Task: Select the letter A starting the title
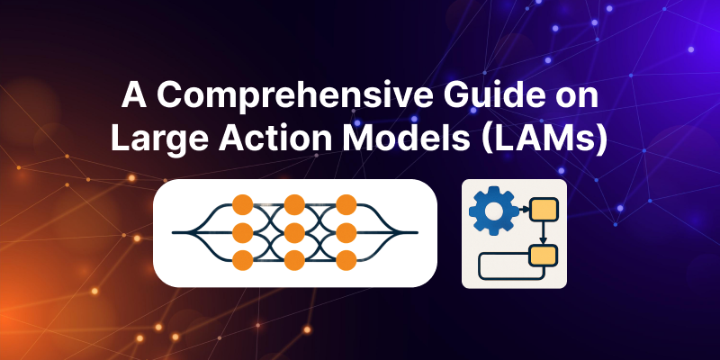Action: (x=131, y=97)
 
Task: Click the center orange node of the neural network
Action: (x=294, y=232)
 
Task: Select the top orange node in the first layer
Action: (x=241, y=203)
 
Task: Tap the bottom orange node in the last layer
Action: (x=346, y=261)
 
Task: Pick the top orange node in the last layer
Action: (x=346, y=203)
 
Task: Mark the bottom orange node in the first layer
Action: (x=241, y=261)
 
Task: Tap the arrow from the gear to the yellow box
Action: (x=521, y=211)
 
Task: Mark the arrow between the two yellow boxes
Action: (x=542, y=234)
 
